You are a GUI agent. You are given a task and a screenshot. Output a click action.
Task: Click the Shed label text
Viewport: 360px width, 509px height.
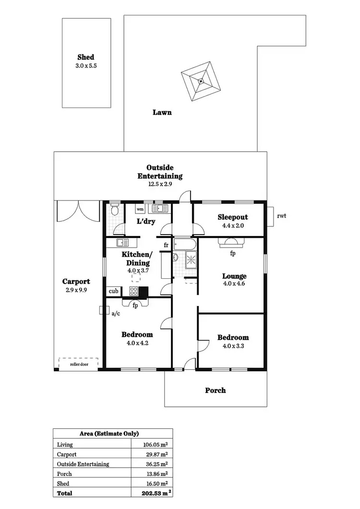pos(86,57)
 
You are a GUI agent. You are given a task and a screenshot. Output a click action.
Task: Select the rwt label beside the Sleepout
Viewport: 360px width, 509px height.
pos(282,216)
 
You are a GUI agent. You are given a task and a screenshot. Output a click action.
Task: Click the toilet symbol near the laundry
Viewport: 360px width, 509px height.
pos(114,211)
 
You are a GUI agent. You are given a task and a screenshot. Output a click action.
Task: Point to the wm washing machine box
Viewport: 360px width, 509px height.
pos(140,209)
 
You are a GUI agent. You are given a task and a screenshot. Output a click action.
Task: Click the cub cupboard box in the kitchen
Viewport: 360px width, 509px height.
pos(113,291)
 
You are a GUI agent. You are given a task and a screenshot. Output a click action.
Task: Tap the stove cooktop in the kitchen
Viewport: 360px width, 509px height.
pos(133,291)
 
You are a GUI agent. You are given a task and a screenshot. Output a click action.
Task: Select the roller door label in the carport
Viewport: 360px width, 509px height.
pos(78,365)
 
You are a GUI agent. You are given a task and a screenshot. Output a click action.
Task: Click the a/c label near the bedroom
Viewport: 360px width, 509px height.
pos(115,314)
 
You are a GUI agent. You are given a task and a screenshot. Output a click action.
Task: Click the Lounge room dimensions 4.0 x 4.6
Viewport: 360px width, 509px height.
pos(234,284)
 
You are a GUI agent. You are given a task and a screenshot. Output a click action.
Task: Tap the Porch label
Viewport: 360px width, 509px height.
pos(216,391)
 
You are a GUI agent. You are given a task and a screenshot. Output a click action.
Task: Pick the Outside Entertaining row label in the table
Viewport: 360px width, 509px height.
pos(83,464)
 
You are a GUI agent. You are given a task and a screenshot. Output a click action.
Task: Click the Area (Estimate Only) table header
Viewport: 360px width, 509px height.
pos(112,434)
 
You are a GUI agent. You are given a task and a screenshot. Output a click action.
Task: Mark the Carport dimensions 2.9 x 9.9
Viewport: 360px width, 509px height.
pos(76,290)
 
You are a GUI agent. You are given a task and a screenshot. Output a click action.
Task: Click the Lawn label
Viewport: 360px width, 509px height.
pos(162,113)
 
